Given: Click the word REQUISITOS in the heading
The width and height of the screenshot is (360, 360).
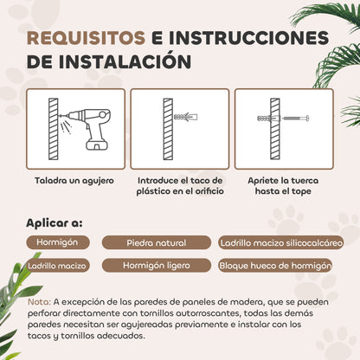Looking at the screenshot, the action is (86, 38).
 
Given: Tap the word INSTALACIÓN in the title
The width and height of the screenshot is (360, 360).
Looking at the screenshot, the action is (125, 61).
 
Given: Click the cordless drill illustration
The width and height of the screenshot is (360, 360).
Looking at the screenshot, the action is (86, 129).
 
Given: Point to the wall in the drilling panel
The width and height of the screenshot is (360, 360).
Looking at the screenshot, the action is (54, 129).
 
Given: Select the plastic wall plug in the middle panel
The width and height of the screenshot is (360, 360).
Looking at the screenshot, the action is (185, 118).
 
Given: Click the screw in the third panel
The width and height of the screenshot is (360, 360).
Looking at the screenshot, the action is (296, 118).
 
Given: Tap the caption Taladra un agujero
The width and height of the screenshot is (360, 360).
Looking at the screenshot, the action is (74, 181).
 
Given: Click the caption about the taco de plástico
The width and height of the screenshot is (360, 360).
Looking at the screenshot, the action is (180, 186).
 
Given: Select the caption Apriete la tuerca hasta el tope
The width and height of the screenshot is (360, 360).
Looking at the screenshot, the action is (283, 186).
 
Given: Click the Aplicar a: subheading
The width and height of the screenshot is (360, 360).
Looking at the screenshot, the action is (55, 223).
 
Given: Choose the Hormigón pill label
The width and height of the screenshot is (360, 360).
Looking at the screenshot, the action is (58, 242).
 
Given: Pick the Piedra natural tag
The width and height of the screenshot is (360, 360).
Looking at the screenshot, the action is (157, 242).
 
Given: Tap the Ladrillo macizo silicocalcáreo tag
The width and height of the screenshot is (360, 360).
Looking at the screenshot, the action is (281, 242).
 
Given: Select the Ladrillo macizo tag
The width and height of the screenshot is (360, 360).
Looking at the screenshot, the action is (58, 266).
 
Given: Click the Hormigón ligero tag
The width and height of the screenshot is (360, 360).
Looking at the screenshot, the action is (157, 266).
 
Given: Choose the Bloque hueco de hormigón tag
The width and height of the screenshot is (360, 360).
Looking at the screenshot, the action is (275, 266).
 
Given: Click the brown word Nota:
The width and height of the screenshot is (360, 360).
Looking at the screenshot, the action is (39, 302).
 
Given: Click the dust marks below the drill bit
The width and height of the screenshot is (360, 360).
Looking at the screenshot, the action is (67, 127).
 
